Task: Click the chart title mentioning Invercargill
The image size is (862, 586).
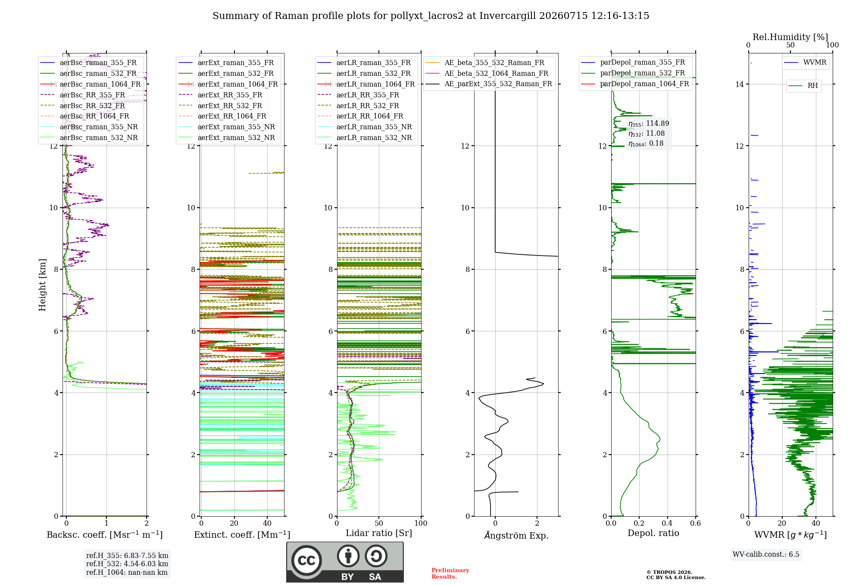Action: coord(431,16)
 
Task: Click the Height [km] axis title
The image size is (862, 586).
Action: coord(42,285)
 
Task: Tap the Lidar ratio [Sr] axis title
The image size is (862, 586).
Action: coord(379,533)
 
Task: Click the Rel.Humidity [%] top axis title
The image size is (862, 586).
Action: coord(790,37)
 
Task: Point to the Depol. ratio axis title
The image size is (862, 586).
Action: coord(653,533)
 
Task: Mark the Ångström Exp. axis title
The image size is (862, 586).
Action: coord(516,535)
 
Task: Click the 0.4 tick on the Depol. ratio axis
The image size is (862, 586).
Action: coord(667,523)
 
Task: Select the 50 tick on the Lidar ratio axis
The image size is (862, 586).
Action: coord(379,523)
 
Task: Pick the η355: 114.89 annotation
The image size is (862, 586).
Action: coord(649,124)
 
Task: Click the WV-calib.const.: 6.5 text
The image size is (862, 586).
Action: coord(766,554)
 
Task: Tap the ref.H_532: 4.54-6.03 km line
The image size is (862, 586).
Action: coord(127,564)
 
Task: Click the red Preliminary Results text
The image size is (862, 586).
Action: coord(450,574)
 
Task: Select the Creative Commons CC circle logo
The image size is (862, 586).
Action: coord(306,560)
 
